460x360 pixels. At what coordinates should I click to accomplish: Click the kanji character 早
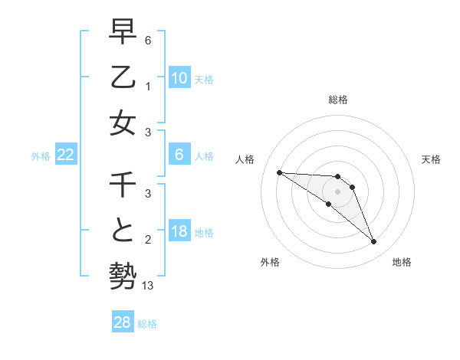(x=123, y=32)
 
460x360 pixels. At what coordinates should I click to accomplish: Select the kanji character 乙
(x=123, y=77)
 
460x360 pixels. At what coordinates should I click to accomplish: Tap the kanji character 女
(x=123, y=123)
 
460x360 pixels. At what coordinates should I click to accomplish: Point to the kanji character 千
(x=123, y=185)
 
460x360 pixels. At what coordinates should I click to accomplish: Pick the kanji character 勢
(x=123, y=276)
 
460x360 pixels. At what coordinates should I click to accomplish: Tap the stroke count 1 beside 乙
(x=148, y=86)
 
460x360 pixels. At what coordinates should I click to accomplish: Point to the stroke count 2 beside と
(x=148, y=239)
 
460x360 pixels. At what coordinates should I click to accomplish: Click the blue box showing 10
(x=179, y=78)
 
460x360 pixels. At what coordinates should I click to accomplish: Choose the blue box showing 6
(x=179, y=155)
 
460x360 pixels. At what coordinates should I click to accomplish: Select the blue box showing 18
(x=179, y=231)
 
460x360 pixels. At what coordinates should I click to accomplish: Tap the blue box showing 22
(x=66, y=155)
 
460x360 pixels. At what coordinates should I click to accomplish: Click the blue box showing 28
(x=123, y=322)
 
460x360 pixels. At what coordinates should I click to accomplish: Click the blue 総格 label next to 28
(x=147, y=324)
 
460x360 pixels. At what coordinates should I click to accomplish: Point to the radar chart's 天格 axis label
(x=432, y=159)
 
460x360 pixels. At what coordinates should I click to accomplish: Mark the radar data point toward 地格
(x=373, y=242)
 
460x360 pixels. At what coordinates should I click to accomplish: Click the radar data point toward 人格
(x=279, y=172)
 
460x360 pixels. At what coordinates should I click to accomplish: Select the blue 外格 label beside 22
(x=41, y=156)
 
